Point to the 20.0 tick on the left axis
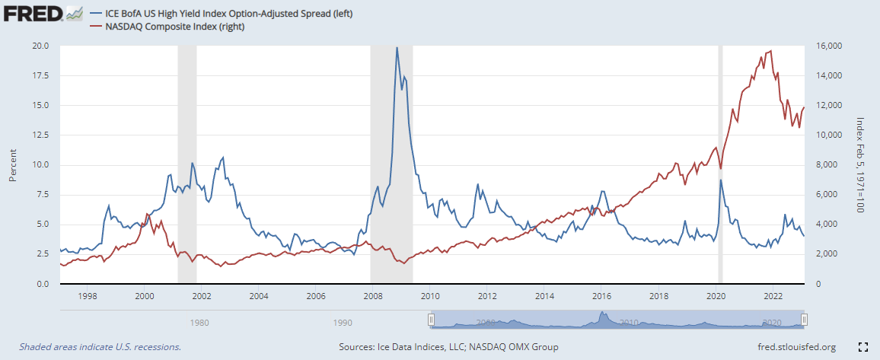[39, 46]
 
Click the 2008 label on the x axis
[371, 295]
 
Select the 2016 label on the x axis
[601, 295]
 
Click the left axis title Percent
[12, 164]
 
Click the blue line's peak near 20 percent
[396, 48]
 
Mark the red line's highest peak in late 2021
[771, 52]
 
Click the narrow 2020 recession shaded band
[720, 164]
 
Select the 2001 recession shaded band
[187, 164]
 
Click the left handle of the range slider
[431, 320]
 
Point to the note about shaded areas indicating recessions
[100, 347]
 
